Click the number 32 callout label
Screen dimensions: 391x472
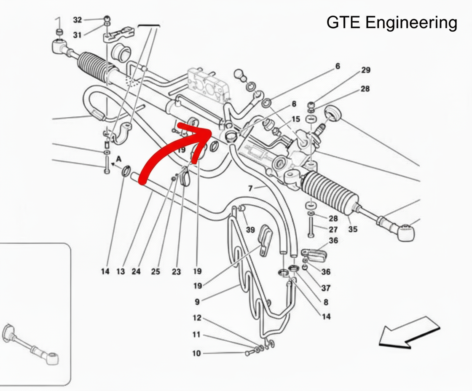[x=77, y=20]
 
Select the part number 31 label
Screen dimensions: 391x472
[x=77, y=35]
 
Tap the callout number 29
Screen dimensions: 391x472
[x=366, y=70]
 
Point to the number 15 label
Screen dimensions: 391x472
[x=296, y=119]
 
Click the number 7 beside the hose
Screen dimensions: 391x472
[x=250, y=188]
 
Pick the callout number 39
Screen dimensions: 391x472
[x=250, y=229]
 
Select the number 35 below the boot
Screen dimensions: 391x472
[x=353, y=229]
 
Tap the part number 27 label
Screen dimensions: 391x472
[x=333, y=229]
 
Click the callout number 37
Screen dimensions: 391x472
[x=326, y=288]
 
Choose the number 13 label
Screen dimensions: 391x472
[x=121, y=272]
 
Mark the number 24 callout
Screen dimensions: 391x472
[x=136, y=272]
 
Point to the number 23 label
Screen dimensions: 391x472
[x=176, y=272]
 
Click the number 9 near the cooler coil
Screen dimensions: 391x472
[x=197, y=301]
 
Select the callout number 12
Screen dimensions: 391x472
[x=197, y=318]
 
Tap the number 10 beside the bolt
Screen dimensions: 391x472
[x=197, y=353]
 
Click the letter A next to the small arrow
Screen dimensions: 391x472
[x=119, y=159]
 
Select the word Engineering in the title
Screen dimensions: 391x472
[x=411, y=23]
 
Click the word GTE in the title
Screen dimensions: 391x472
[x=343, y=23]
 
